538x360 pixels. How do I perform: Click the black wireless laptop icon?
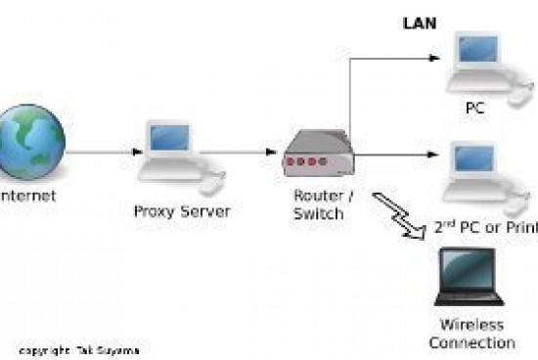pyautogui.click(x=469, y=277)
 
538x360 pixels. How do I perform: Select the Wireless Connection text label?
pyautogui.click(x=471, y=334)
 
